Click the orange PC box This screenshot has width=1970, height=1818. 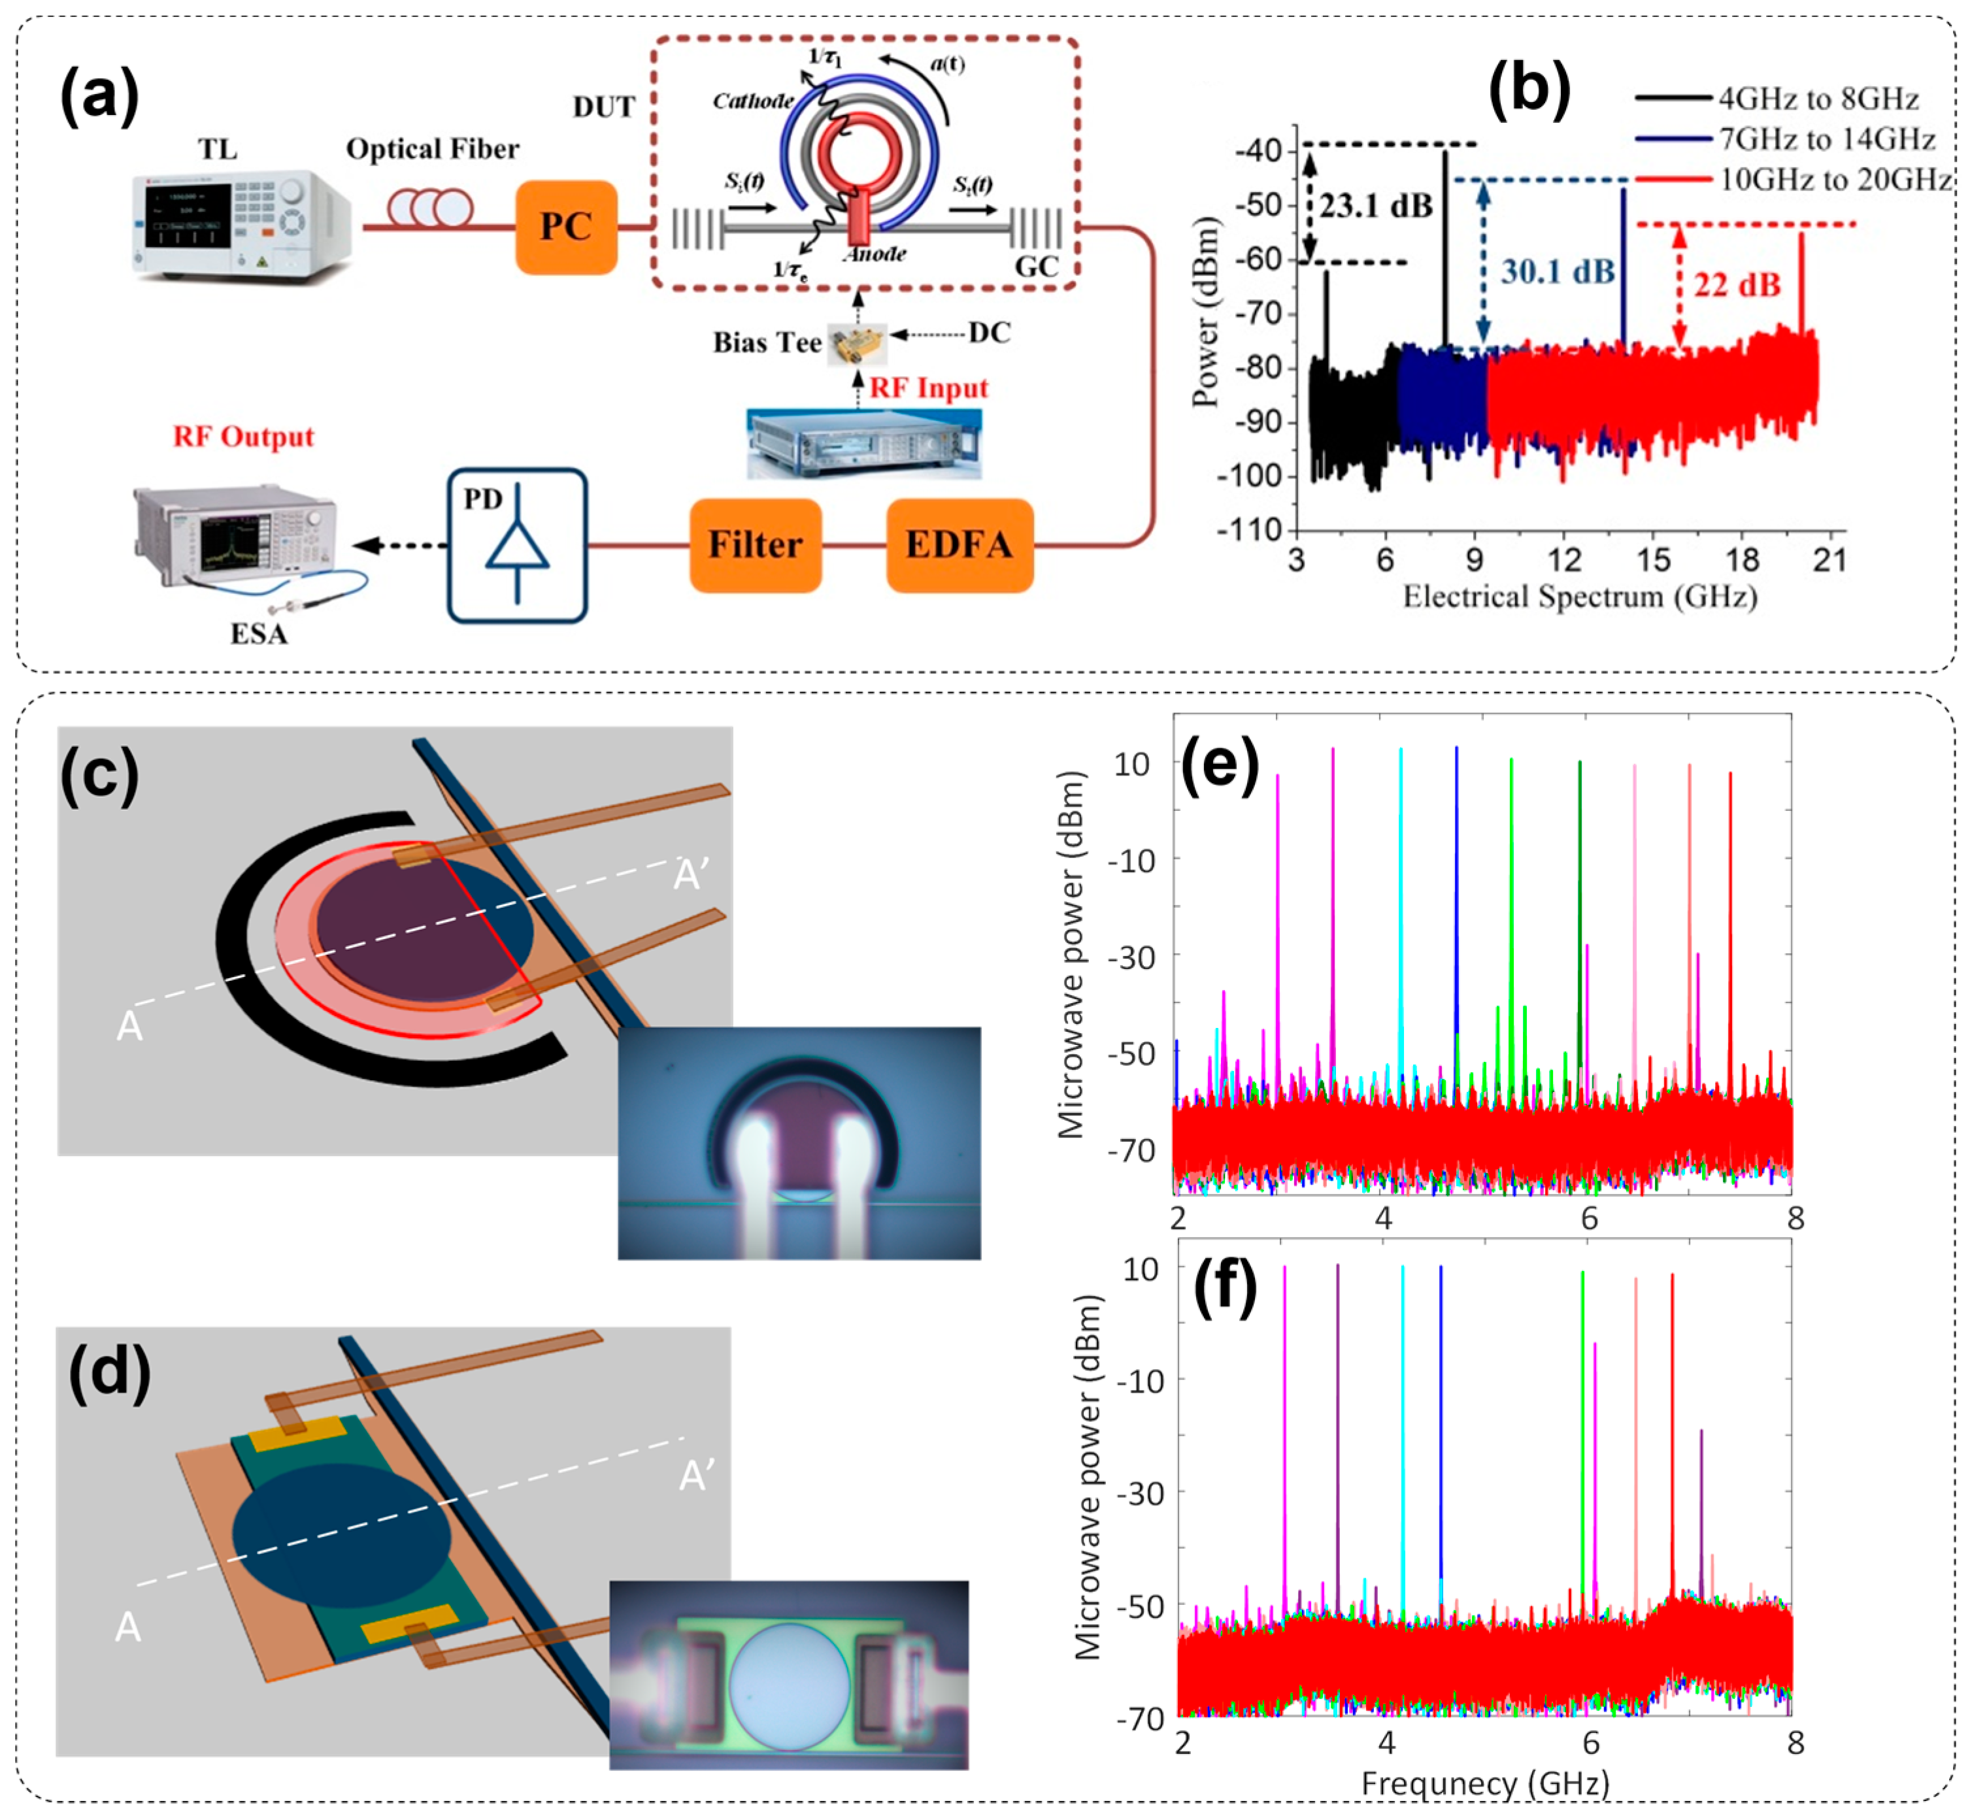pos(566,227)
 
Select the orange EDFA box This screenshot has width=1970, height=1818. pos(960,545)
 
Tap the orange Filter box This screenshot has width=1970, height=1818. pos(755,545)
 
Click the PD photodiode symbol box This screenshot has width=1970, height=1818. pos(516,545)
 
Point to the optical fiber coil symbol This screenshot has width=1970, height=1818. pos(430,208)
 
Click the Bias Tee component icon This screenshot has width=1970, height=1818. pos(857,343)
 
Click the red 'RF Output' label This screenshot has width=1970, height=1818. pos(243,436)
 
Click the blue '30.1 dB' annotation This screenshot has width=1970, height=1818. pos(1557,271)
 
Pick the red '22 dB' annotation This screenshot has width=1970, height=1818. pos(1736,286)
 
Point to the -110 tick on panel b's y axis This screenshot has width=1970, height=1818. pos(1248,531)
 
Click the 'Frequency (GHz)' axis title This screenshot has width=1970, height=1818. pos(1484,1783)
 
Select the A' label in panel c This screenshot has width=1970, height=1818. pos(691,874)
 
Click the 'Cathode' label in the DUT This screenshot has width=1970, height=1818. pos(753,101)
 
